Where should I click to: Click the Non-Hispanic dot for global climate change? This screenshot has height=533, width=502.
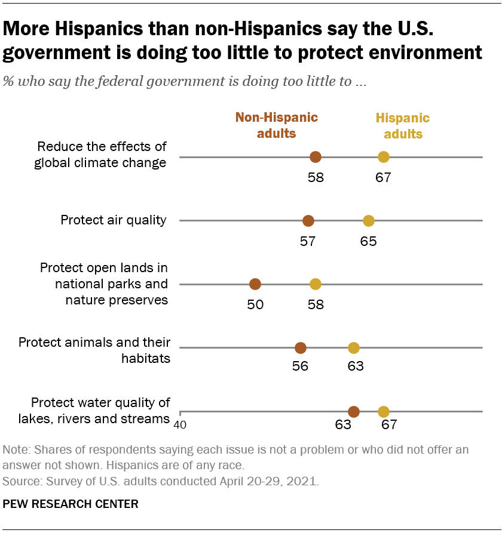pyautogui.click(x=316, y=157)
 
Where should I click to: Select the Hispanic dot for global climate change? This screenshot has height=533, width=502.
pyautogui.click(x=384, y=157)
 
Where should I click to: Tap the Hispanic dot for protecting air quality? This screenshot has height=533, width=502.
pyautogui.click(x=369, y=221)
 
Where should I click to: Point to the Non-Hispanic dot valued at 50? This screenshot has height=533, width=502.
pyautogui.click(x=255, y=284)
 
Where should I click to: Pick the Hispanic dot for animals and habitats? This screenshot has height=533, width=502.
pyautogui.click(x=354, y=348)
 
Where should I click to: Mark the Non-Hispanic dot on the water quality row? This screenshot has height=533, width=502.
pyautogui.click(x=354, y=412)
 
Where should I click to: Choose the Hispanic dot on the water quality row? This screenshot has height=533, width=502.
pyautogui.click(x=384, y=412)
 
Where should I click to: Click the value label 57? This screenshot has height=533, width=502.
pyautogui.click(x=308, y=241)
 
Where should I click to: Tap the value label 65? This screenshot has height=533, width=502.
pyautogui.click(x=368, y=241)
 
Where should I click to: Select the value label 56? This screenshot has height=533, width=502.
pyautogui.click(x=300, y=366)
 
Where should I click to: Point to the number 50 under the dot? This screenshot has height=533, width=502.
pyautogui.click(x=255, y=304)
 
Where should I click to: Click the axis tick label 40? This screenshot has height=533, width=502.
pyautogui.click(x=179, y=425)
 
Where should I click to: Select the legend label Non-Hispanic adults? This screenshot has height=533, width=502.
pyautogui.click(x=276, y=125)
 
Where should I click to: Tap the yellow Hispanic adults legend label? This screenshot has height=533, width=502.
pyautogui.click(x=403, y=126)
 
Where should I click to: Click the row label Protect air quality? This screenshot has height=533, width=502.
pyautogui.click(x=114, y=220)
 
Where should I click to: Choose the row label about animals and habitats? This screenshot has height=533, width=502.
pyautogui.click(x=94, y=350)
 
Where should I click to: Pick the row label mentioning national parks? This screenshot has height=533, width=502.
pyautogui.click(x=103, y=284)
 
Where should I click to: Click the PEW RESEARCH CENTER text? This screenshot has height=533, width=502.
pyautogui.click(x=71, y=504)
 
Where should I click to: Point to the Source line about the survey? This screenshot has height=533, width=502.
pyautogui.click(x=161, y=480)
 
